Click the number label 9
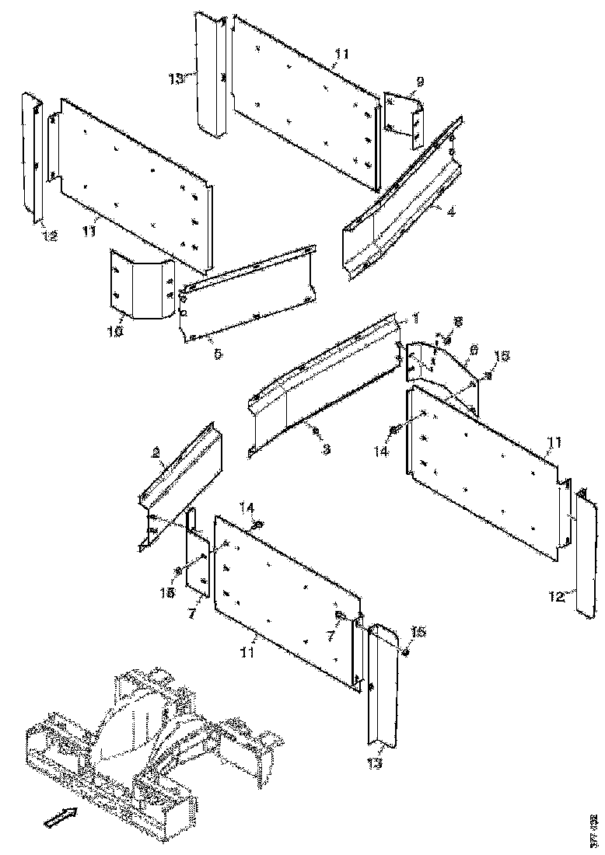click(x=420, y=81)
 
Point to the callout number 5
click(x=218, y=353)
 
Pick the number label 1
click(x=415, y=318)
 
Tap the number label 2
click(x=156, y=452)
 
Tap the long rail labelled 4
click(x=400, y=206)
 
